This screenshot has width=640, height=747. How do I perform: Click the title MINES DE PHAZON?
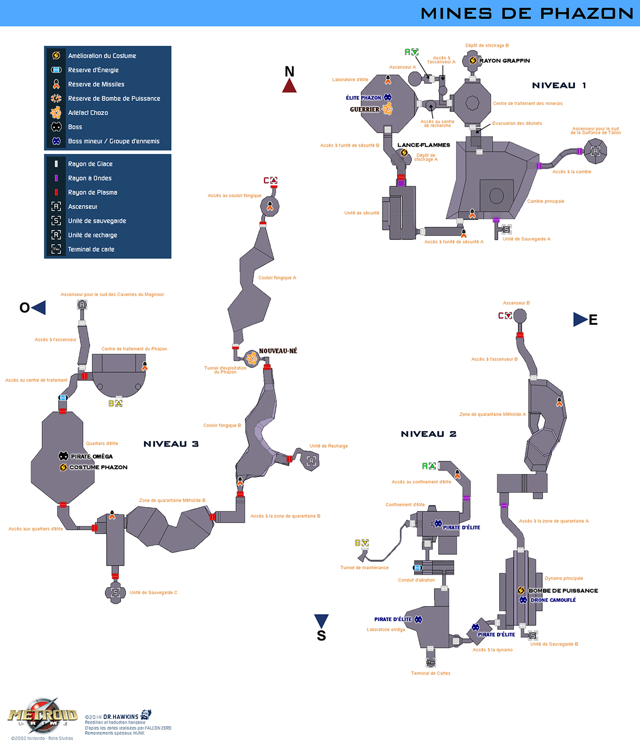tap(526, 13)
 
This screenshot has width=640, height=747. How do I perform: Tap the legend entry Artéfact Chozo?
tap(88, 113)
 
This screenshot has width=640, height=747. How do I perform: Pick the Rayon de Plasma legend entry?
tap(92, 193)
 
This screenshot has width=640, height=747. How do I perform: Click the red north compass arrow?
tap(289, 85)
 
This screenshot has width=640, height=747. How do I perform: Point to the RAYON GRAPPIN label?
tap(504, 61)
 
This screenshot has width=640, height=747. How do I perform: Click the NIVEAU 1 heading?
tap(558, 85)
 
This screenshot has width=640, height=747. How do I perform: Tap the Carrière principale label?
tap(545, 201)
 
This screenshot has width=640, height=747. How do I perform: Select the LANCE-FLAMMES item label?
tap(423, 145)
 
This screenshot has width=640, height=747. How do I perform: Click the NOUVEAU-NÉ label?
tap(278, 351)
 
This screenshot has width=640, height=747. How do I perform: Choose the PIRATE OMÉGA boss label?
tap(91, 457)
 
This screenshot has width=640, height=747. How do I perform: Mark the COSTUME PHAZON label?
tap(98, 467)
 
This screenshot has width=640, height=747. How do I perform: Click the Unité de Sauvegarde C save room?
tap(115, 593)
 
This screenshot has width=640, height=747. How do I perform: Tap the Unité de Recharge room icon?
tap(311, 460)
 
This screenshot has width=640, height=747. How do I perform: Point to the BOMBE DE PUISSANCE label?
tap(563, 591)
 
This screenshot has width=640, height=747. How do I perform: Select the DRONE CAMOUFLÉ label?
tap(553, 600)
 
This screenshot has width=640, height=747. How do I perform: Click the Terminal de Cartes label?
tap(430, 673)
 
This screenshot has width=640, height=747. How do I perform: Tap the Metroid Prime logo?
tap(43, 715)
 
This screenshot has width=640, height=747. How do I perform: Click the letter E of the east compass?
tap(593, 320)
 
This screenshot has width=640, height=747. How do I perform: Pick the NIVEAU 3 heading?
tap(171, 444)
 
